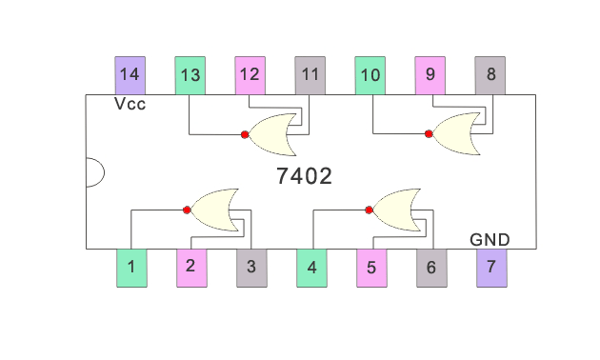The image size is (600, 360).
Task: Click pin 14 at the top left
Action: coord(130,74)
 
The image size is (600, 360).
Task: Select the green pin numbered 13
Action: coord(190,74)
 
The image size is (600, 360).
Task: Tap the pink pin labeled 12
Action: coord(250,74)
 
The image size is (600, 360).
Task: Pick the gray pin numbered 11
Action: coord(310,74)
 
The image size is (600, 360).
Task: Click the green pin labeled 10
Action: coord(370,74)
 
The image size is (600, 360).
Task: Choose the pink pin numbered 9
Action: coord(430,74)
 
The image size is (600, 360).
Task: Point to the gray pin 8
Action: coord(490,74)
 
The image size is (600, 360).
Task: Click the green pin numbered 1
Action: coord(131,268)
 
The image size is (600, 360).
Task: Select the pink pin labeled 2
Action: coord(191,268)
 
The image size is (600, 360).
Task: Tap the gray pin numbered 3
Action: coord(251,268)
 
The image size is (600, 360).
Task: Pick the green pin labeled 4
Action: coord(311,268)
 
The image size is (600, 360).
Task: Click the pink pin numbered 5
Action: coord(371,268)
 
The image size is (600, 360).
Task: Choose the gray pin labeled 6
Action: coord(431,268)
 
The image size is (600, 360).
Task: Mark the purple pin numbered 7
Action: coord(491,268)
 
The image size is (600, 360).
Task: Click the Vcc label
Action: coord(130,104)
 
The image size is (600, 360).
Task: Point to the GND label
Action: coord(490,239)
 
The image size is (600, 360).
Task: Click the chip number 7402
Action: coord(303,177)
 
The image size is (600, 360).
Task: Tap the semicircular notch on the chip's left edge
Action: coord(93,171)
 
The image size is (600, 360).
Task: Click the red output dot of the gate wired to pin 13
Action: coord(245,134)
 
